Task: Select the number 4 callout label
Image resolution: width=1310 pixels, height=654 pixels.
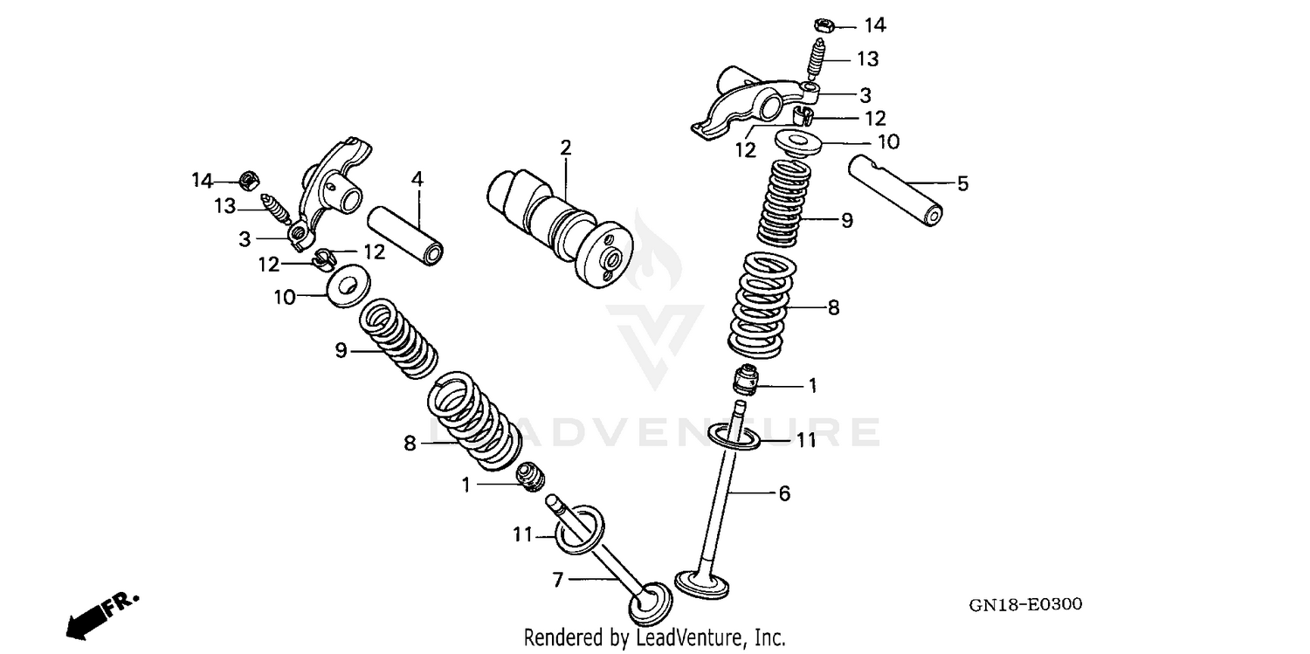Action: (417, 178)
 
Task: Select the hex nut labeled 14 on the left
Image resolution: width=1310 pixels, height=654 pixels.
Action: (248, 182)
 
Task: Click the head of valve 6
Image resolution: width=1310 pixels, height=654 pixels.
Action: (703, 582)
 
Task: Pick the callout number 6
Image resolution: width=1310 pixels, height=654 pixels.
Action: (784, 494)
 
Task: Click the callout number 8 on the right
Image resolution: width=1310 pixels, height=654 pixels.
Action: (833, 307)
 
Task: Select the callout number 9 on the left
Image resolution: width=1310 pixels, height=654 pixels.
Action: (341, 351)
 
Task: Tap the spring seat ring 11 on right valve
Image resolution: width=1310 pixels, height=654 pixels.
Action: (732, 437)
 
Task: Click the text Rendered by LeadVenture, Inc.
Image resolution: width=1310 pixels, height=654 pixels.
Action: (654, 637)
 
